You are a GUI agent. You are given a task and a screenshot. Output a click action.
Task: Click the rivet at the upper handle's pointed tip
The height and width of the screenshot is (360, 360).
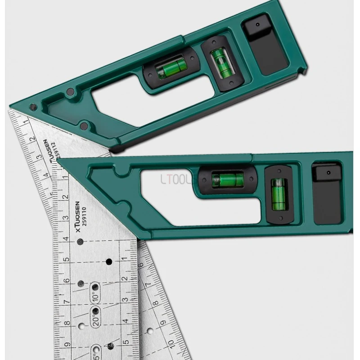click(32, 107)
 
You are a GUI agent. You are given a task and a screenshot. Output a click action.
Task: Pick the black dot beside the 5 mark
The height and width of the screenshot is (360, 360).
click(108, 261)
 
